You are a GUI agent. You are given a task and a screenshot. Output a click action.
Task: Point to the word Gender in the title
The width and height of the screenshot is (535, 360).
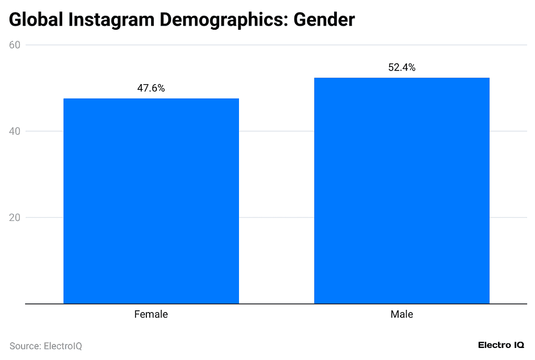[x=324, y=20]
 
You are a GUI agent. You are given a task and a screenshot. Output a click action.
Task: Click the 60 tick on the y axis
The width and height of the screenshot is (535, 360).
[x=15, y=45]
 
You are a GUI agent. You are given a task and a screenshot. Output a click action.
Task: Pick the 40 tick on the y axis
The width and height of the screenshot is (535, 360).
[x=15, y=131]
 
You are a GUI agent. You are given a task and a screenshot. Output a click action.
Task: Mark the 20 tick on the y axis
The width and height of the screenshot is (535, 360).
[x=15, y=217]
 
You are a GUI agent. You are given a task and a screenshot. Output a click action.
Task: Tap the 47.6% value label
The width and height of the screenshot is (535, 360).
[x=151, y=88]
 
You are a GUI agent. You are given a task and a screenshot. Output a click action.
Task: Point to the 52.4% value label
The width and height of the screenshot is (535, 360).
[x=402, y=67]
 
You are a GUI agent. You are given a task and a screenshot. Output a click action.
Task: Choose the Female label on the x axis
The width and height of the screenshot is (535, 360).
[x=151, y=315]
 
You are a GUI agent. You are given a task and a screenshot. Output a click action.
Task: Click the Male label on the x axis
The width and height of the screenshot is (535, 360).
[x=402, y=315]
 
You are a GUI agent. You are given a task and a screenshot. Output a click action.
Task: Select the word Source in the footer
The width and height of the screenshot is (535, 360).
[x=25, y=346]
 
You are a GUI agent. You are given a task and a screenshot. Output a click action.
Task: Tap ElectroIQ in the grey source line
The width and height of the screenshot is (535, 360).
[x=63, y=346]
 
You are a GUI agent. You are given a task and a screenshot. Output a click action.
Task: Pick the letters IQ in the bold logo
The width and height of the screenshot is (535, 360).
[x=519, y=345]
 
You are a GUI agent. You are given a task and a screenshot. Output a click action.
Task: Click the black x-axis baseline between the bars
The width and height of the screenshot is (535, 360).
[x=276, y=304]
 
